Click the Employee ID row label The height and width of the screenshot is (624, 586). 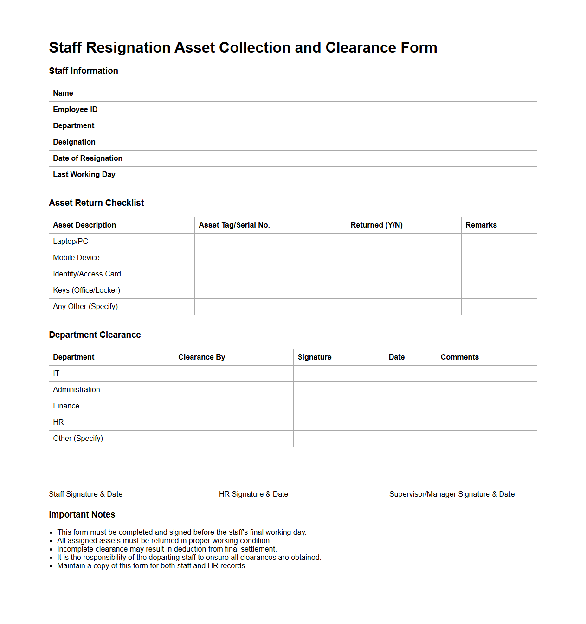[x=75, y=110]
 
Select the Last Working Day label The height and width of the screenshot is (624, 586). [x=84, y=175]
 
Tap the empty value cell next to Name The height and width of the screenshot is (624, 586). [x=514, y=93]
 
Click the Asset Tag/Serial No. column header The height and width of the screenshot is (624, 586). [x=234, y=225]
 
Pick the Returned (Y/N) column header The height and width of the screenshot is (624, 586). [x=376, y=225]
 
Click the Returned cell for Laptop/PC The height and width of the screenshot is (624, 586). [x=404, y=242]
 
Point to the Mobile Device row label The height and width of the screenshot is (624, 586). [x=76, y=258]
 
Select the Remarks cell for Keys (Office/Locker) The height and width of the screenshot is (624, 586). [x=499, y=290]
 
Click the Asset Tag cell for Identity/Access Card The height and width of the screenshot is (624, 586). [x=270, y=274]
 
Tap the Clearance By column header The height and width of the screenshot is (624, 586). [x=201, y=357]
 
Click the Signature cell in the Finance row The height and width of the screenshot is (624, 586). [x=339, y=406]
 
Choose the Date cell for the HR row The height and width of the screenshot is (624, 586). [x=411, y=422]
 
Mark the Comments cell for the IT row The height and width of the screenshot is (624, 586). [x=486, y=374]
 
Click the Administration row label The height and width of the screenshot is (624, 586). [x=77, y=390]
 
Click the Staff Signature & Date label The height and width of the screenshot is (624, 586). [x=86, y=494]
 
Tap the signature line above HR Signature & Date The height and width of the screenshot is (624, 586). [x=293, y=462]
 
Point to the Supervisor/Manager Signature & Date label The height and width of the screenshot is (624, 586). [x=451, y=494]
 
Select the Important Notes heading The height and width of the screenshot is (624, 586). [x=82, y=515]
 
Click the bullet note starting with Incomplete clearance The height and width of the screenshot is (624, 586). [x=167, y=549]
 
